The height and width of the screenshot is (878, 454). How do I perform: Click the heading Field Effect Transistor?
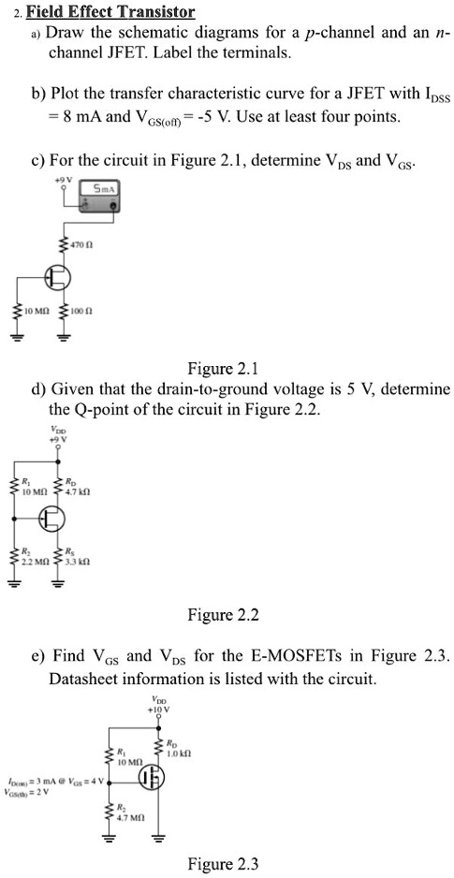[x=110, y=12]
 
